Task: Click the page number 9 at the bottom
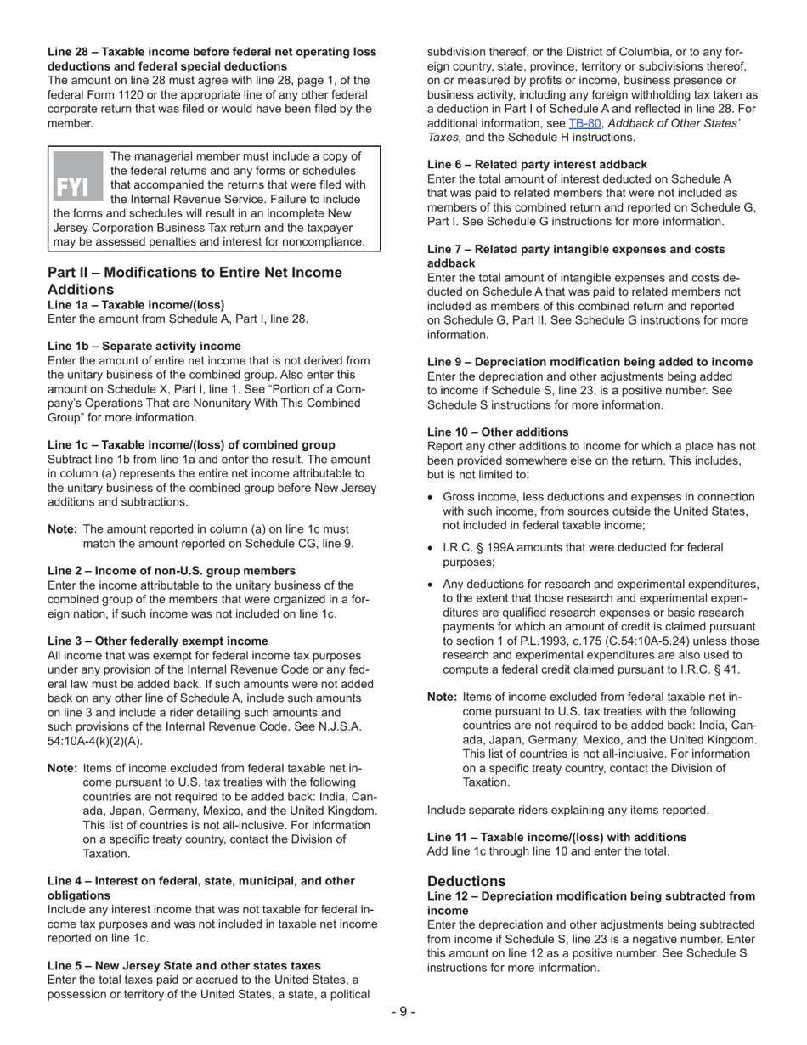403,1011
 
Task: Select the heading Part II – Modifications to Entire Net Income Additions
195,280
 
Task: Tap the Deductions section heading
466,881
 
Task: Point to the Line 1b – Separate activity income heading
144,346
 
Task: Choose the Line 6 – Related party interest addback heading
537,164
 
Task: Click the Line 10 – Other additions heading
498,432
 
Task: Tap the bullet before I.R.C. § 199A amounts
432,548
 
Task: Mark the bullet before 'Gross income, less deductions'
432,497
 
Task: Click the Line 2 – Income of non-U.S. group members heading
172,570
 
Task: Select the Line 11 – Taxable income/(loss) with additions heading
556,837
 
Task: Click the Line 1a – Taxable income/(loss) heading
136,305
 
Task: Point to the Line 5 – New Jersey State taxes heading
184,965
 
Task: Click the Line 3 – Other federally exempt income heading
158,641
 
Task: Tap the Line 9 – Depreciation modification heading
590,361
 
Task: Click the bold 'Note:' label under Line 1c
63,528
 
